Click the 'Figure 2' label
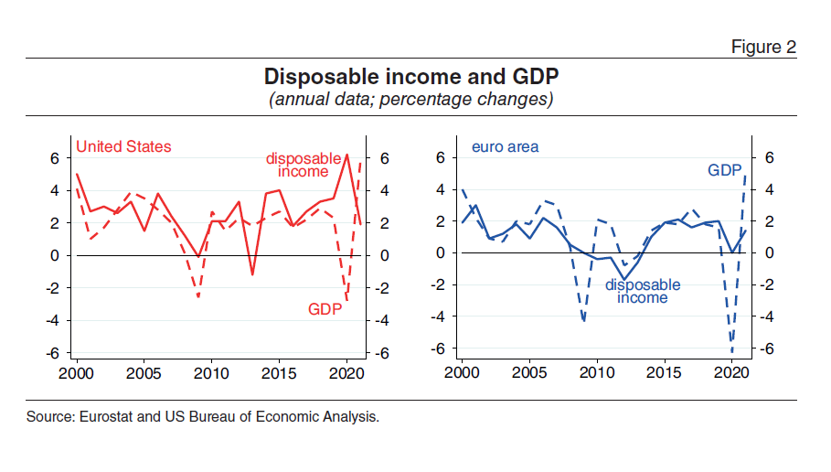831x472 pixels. [x=764, y=47]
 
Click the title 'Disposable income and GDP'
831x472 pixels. [x=411, y=75]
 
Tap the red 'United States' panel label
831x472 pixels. [x=123, y=146]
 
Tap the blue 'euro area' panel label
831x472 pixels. [x=505, y=146]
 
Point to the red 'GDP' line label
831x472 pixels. [x=325, y=309]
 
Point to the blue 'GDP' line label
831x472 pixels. [x=725, y=170]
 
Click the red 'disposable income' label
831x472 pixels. [x=304, y=165]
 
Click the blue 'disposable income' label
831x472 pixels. [x=643, y=291]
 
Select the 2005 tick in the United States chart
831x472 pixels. [x=144, y=373]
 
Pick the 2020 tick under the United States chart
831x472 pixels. [x=346, y=373]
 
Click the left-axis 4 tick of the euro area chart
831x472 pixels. [x=442, y=189]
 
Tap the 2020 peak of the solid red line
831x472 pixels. [x=346, y=155]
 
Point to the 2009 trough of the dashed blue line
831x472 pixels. [x=583, y=321]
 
